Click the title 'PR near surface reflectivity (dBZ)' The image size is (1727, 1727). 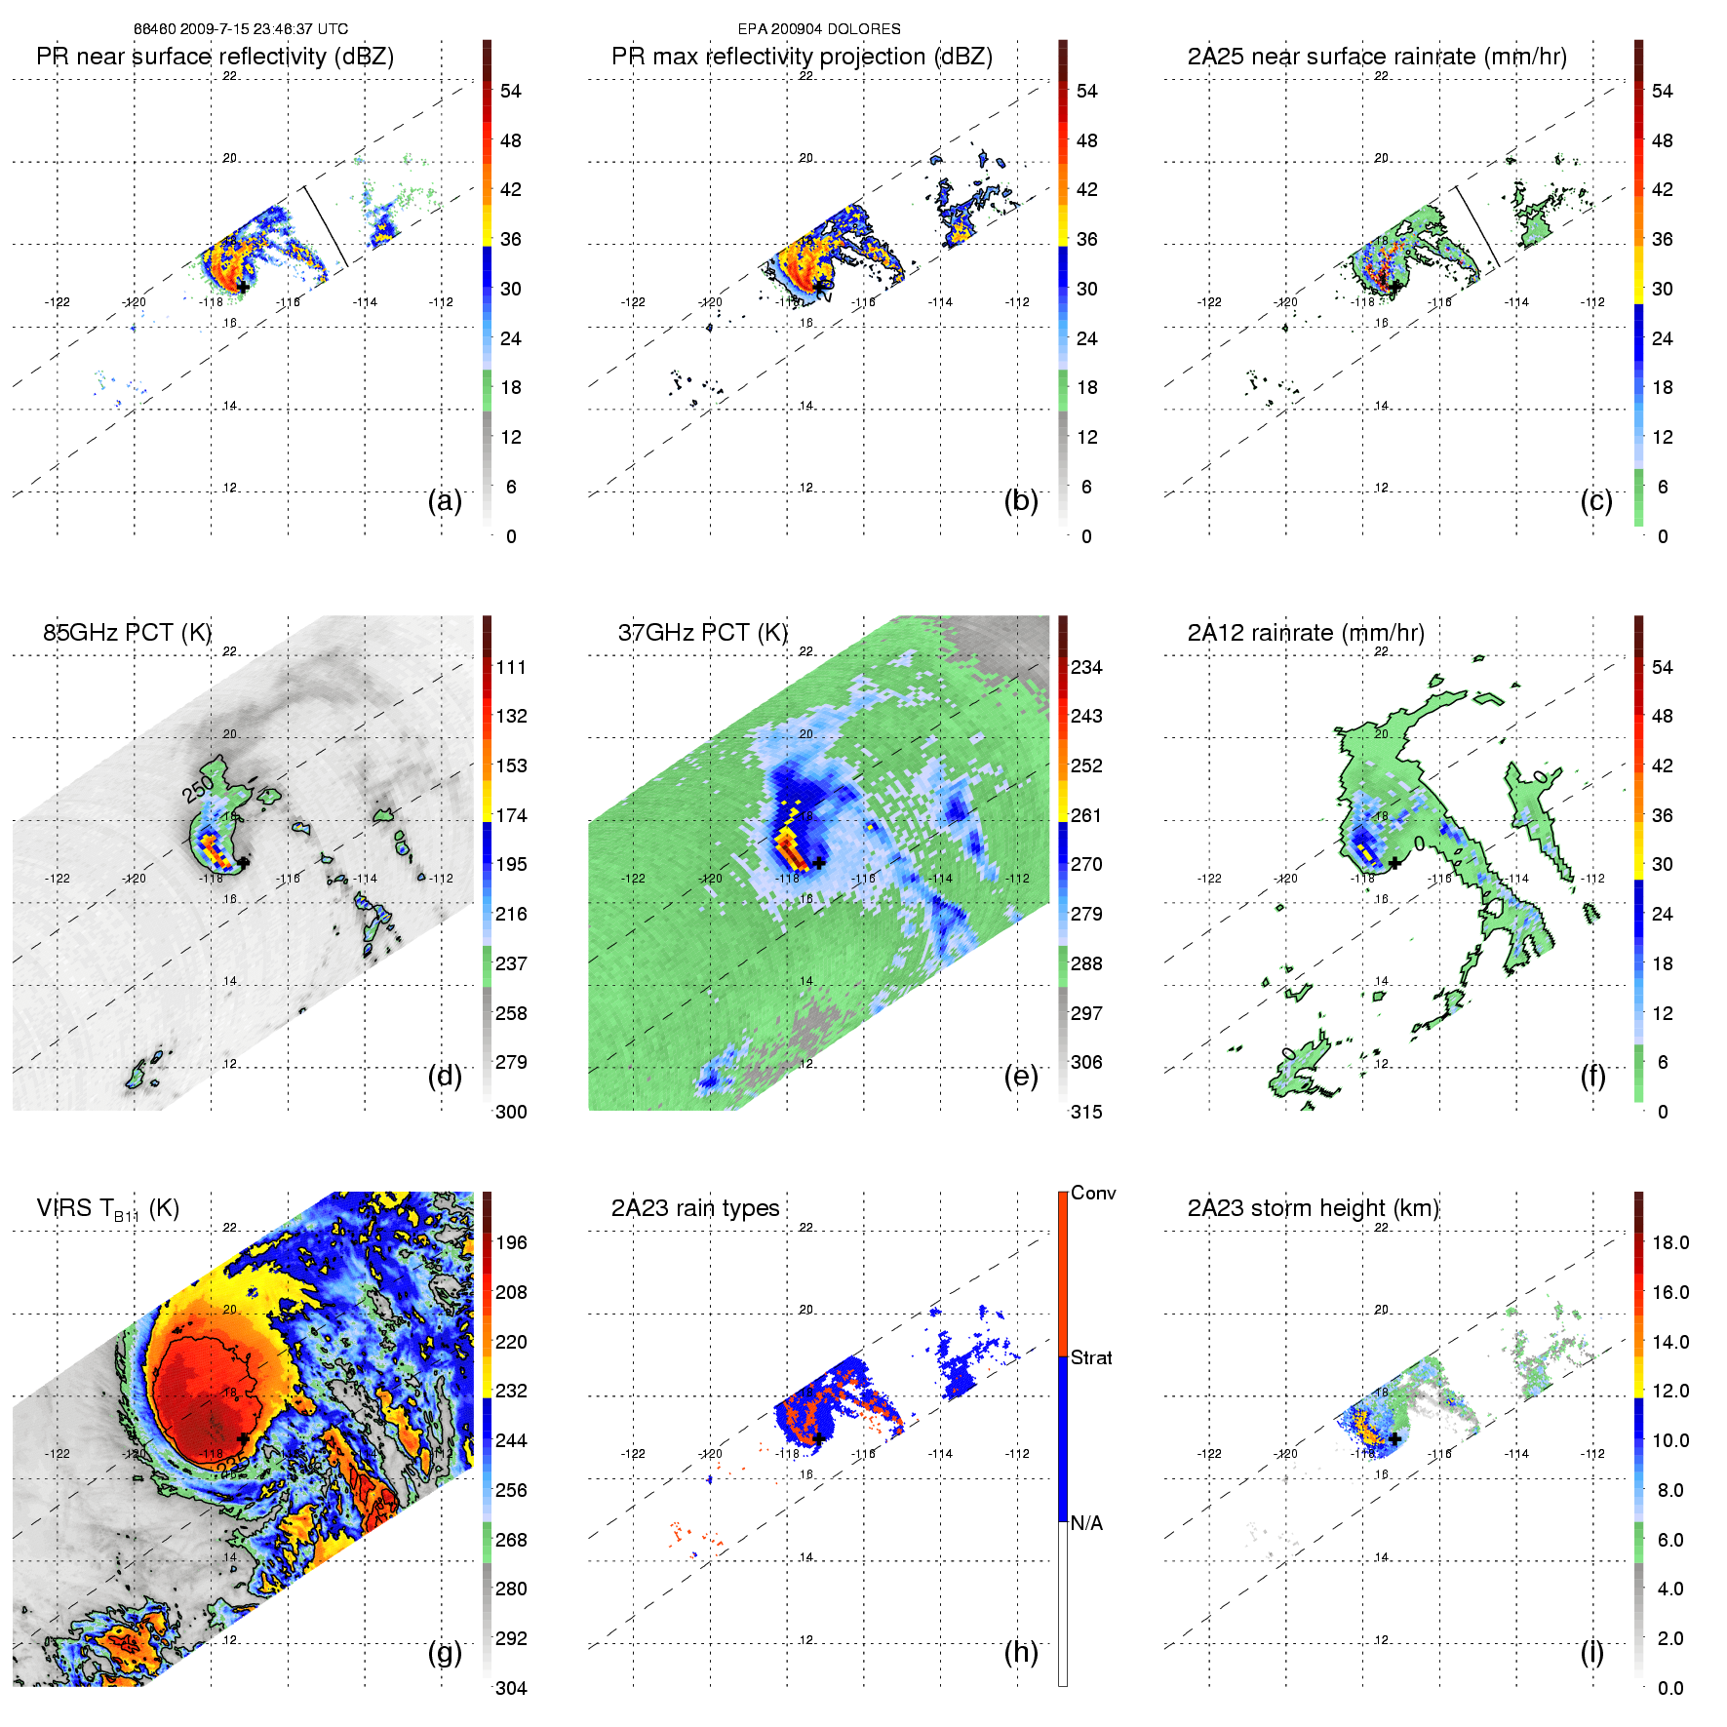click(215, 57)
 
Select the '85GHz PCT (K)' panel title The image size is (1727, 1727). click(127, 632)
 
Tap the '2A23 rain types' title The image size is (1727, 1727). click(694, 1208)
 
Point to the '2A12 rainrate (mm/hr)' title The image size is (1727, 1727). click(1305, 632)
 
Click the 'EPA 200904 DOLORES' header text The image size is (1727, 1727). click(819, 29)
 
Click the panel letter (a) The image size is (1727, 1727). click(445, 500)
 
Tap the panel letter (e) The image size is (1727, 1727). click(1020, 1076)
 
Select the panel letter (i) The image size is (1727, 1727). click(1591, 1652)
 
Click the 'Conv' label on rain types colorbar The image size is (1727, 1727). click(1092, 1193)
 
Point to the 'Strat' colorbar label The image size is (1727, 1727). click(1090, 1357)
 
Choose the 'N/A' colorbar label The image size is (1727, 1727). click(1086, 1523)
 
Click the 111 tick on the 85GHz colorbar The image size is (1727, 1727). click(511, 667)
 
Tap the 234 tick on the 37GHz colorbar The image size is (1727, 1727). click(1086, 667)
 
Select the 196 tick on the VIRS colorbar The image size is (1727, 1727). click(511, 1242)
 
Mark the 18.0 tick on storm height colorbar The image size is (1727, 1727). click(1669, 1242)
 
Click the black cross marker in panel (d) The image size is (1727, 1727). click(243, 862)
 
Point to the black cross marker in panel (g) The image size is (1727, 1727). click(243, 1438)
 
